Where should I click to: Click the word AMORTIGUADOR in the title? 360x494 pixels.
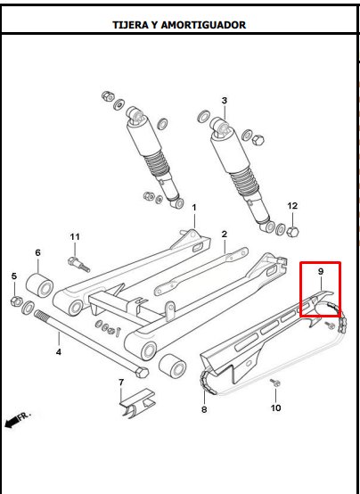click(x=203, y=25)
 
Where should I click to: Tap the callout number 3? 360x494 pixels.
click(x=225, y=101)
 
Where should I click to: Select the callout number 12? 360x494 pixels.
click(x=292, y=206)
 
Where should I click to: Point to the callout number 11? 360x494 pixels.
click(x=75, y=236)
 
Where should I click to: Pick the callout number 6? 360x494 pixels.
click(x=37, y=252)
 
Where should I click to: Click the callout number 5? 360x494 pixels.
click(x=14, y=276)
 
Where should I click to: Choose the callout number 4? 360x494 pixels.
click(x=59, y=352)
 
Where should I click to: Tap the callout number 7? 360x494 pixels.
click(x=121, y=383)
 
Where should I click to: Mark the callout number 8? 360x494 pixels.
click(x=204, y=409)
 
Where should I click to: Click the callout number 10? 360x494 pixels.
click(x=276, y=408)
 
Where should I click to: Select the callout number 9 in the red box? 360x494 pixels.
click(x=321, y=272)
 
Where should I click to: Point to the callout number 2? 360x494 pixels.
click(x=224, y=235)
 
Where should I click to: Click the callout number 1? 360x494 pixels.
click(x=194, y=208)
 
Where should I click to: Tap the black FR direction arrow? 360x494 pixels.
click(x=12, y=422)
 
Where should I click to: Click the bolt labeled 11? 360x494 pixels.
click(x=78, y=264)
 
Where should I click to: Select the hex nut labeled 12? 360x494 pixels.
click(x=292, y=232)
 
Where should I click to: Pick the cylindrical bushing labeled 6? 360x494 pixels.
click(x=39, y=285)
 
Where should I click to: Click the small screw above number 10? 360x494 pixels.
click(x=275, y=383)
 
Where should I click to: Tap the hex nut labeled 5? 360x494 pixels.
click(x=16, y=301)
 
